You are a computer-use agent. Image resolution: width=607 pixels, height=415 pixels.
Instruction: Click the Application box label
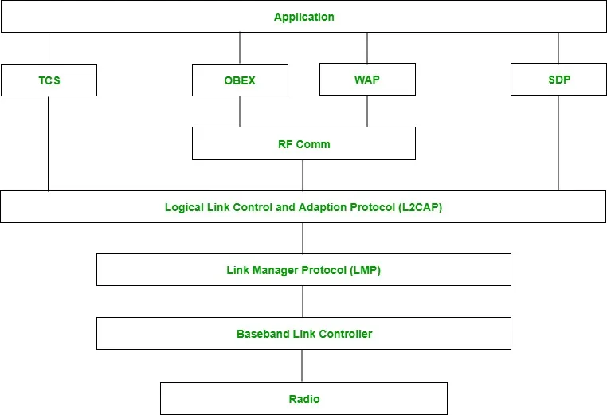tap(303, 17)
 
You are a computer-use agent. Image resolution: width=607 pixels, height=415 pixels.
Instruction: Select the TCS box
tap(49, 80)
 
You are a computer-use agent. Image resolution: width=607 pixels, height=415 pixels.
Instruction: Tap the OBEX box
tap(240, 80)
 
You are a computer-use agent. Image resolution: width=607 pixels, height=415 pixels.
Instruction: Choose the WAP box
tap(367, 80)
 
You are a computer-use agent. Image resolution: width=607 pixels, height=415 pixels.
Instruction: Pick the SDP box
tap(558, 80)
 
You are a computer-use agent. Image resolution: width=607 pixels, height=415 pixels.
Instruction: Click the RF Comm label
tap(303, 144)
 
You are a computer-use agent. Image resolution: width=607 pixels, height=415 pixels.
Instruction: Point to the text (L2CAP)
tap(420, 207)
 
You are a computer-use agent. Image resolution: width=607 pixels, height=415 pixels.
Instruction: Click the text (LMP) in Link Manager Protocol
tap(365, 270)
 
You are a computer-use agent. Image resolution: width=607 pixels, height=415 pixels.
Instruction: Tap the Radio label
tap(303, 399)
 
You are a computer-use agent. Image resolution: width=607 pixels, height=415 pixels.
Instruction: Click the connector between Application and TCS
tap(49, 48)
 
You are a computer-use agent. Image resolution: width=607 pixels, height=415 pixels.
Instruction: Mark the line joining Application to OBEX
tap(240, 48)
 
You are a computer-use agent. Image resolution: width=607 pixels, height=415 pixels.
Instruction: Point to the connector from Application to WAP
tap(367, 48)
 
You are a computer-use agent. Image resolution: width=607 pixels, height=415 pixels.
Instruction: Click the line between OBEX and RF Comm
tap(240, 112)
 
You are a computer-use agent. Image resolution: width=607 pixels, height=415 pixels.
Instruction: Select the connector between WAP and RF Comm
tap(367, 111)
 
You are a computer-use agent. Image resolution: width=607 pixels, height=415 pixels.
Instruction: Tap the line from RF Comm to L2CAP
tap(303, 175)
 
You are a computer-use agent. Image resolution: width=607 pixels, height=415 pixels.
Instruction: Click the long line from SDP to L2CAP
tap(558, 143)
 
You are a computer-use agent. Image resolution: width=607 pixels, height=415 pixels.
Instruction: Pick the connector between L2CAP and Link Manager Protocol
tap(303, 238)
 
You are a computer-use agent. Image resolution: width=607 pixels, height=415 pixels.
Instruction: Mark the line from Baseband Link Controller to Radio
tap(302, 366)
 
